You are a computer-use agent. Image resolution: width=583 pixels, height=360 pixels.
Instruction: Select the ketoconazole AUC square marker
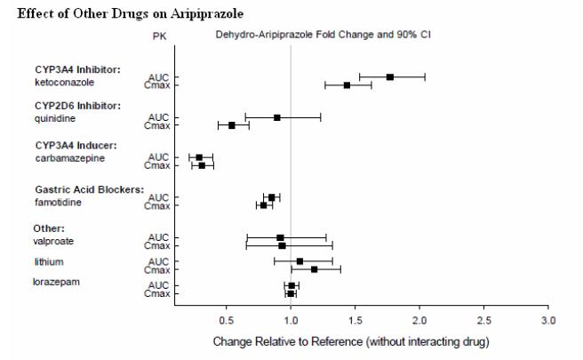coord(390,77)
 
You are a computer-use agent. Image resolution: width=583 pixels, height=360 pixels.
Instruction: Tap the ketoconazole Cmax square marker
coord(347,85)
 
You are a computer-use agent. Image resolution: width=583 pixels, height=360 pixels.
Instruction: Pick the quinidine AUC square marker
coord(277,117)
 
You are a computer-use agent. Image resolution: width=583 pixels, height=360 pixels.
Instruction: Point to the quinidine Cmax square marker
coord(232,125)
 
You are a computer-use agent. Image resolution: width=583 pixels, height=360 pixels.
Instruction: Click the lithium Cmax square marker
coord(315,269)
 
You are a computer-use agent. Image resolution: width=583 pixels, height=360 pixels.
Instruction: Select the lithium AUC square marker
coord(299,261)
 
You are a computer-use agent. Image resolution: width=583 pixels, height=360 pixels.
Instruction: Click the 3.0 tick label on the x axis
coord(548,319)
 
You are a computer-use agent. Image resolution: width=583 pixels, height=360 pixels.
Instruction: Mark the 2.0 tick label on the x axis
coord(419,319)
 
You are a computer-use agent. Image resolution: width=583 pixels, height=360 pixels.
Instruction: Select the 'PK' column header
coord(159,36)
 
